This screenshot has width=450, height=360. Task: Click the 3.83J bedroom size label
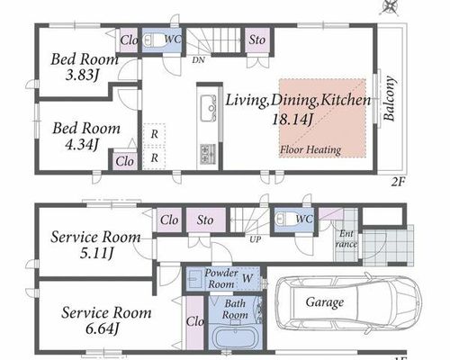[82, 75]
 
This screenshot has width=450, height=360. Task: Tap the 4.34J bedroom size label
[82, 145]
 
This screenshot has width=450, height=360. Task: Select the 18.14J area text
[292, 120]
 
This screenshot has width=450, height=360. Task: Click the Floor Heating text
[310, 149]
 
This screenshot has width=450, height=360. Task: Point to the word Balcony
[390, 98]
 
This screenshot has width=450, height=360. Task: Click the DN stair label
[198, 60]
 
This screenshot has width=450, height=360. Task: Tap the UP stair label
[256, 239]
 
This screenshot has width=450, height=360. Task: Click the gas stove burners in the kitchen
[208, 154]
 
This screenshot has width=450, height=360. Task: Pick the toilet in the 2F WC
[154, 40]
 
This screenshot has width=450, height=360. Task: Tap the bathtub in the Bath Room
[236, 337]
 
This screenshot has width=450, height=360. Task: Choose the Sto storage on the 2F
[257, 40]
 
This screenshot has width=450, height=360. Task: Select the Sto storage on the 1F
[205, 220]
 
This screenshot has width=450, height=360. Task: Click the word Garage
[325, 302]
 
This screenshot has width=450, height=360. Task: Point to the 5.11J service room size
[96, 254]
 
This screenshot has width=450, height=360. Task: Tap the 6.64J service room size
[103, 329]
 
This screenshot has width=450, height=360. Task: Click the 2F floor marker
[398, 182]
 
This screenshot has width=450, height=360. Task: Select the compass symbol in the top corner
[389, 6]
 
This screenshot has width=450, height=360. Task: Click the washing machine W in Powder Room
[247, 278]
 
